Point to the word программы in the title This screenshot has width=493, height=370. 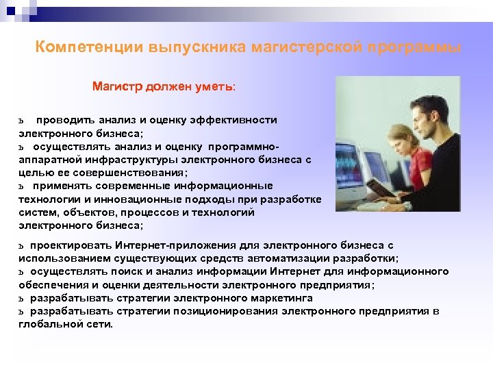(x=414, y=48)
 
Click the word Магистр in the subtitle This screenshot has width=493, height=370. (x=115, y=88)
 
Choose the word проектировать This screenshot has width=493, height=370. (x=70, y=245)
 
